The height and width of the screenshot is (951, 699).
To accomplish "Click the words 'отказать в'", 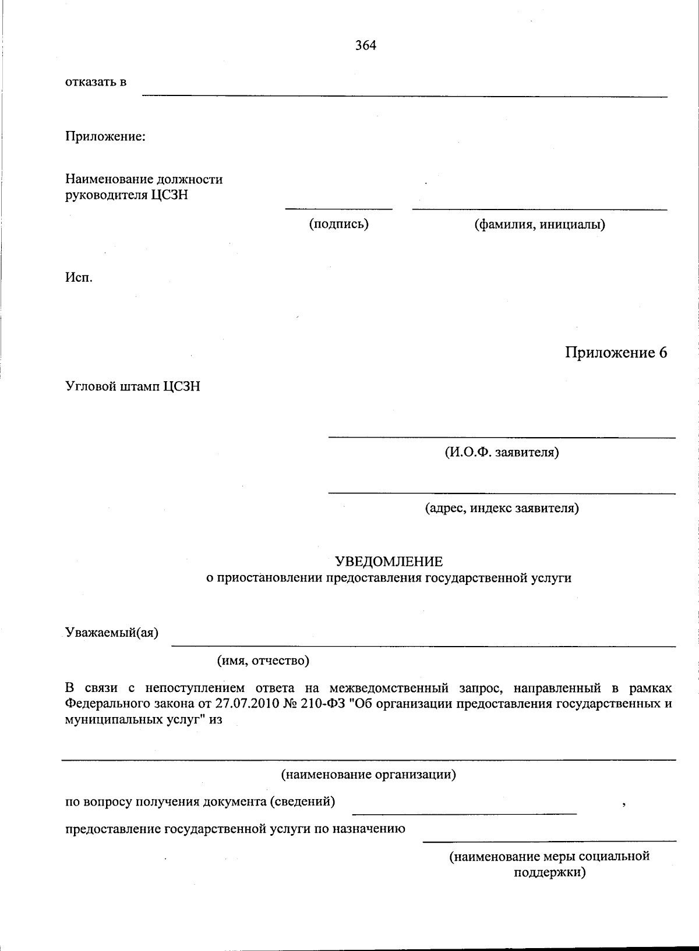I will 96,82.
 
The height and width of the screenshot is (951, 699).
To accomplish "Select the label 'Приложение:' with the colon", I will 105,137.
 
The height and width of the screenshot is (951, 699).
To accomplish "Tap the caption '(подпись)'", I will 338,224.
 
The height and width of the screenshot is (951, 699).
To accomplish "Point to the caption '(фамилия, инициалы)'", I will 540,224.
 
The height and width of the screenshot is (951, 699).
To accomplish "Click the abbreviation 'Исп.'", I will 79,277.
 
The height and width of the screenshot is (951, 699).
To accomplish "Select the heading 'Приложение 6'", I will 616,353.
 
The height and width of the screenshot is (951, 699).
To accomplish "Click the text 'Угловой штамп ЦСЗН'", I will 133,386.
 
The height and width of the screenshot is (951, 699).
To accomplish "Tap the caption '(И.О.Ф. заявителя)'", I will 502,452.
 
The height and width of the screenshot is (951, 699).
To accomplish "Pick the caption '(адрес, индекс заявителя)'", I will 502,508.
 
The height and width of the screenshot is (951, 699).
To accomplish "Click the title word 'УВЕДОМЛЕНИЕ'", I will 389,562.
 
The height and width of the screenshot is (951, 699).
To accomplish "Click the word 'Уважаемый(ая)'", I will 112,633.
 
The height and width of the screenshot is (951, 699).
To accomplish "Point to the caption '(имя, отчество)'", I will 263,661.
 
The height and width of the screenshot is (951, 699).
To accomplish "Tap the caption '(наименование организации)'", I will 369,775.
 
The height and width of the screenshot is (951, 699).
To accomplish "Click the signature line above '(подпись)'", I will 338,208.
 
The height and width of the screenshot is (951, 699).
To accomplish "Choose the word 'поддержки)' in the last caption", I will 549,872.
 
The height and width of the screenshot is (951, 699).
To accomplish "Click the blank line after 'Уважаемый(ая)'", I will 423,646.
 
